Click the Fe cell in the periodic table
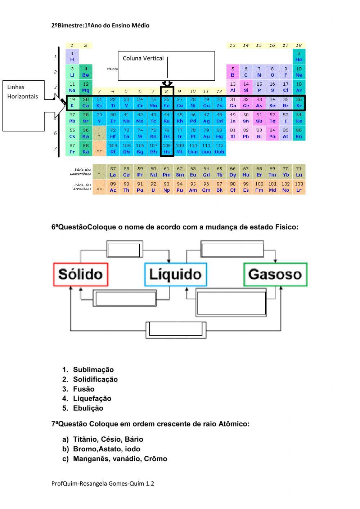[x=166, y=103]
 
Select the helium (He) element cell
[x=298, y=57]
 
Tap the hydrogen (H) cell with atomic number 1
[x=72, y=57]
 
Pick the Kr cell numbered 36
[x=299, y=103]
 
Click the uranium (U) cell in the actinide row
[x=153, y=187]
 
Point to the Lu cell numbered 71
[x=299, y=171]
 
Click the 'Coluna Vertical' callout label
[x=143, y=58]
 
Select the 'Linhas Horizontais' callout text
[x=22, y=91]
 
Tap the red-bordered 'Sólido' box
[x=81, y=274]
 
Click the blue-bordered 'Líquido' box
[x=175, y=274]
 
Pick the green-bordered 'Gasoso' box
[x=275, y=274]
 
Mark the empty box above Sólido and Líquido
[x=124, y=250]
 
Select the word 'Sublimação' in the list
[x=93, y=370]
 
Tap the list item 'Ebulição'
[x=88, y=408]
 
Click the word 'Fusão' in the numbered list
[x=84, y=389]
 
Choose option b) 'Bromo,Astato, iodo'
[x=107, y=449]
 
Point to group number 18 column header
[x=298, y=45]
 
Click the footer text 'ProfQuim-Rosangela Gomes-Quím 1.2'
[x=103, y=483]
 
